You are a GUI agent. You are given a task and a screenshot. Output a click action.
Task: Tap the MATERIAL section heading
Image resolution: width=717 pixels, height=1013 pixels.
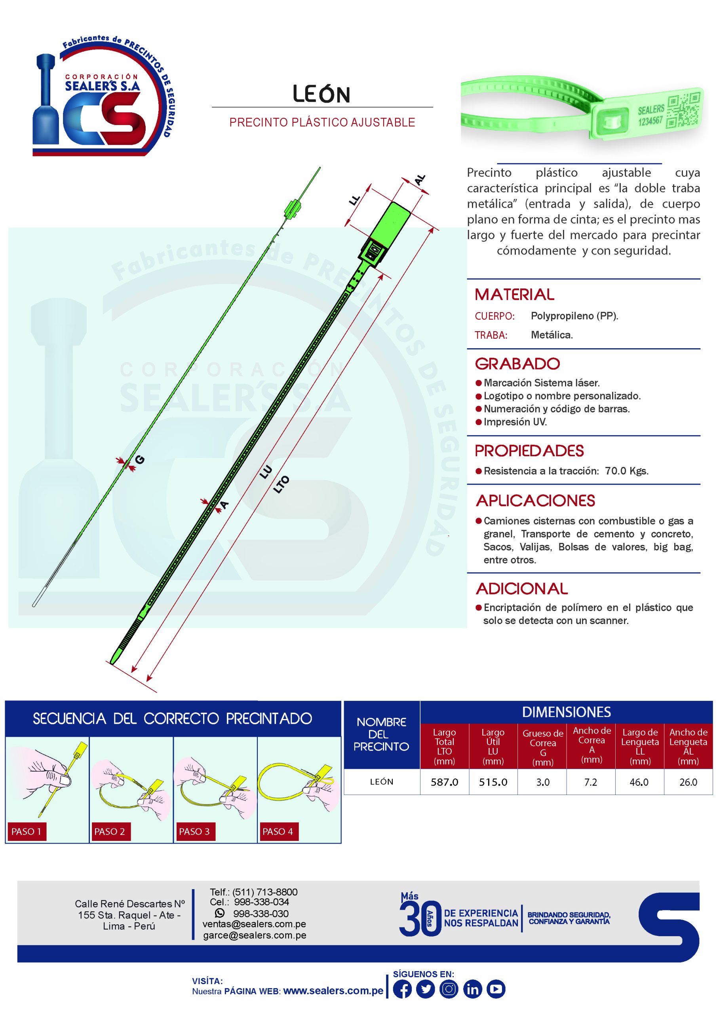pyautogui.click(x=514, y=294)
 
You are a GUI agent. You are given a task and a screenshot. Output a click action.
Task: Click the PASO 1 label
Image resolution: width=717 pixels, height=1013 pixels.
pyautogui.click(x=27, y=832)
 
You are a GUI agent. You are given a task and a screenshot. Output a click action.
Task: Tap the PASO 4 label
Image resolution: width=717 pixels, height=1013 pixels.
pyautogui.click(x=278, y=832)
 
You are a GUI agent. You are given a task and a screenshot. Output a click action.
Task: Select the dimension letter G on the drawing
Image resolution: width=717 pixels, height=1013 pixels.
pyautogui.click(x=139, y=460)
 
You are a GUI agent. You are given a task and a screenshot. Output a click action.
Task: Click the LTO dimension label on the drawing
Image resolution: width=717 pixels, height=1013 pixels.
pyautogui.click(x=281, y=484)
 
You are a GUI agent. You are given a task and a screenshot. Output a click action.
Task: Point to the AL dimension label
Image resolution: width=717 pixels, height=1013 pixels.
pyautogui.click(x=419, y=180)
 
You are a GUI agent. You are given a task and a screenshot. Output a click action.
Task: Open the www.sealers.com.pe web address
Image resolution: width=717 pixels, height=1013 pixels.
pyautogui.click(x=333, y=990)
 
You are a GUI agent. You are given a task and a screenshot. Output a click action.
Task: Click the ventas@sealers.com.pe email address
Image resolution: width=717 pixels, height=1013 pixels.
pyautogui.click(x=254, y=924)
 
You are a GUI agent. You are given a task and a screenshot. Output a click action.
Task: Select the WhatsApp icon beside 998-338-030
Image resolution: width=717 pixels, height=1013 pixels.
pyautogui.click(x=219, y=913)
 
